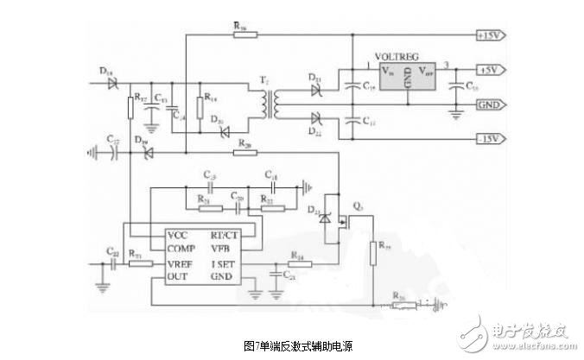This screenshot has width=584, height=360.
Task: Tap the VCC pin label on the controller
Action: tap(179, 234)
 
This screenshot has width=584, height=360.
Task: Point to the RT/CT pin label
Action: tap(227, 234)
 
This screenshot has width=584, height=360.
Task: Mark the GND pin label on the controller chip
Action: tap(224, 275)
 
